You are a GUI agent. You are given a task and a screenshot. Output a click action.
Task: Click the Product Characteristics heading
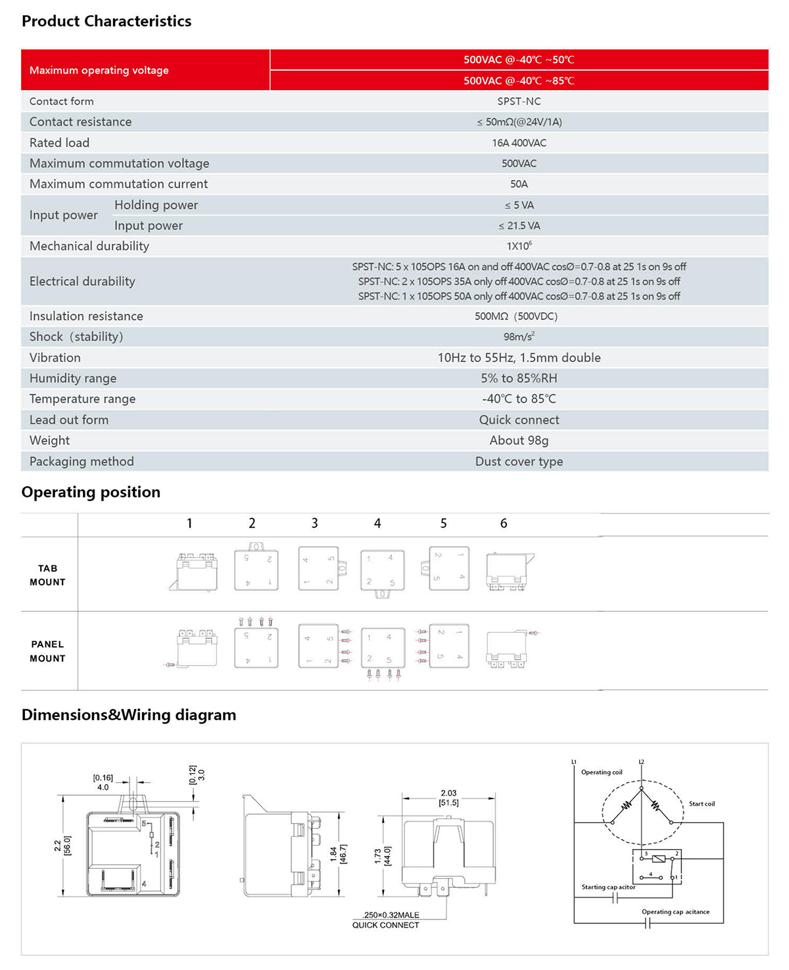point(107,21)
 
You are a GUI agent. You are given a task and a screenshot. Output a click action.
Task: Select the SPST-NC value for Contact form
point(519,101)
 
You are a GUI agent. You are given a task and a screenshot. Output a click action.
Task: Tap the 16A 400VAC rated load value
point(519,143)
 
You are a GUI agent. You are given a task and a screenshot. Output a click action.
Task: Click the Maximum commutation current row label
point(118,184)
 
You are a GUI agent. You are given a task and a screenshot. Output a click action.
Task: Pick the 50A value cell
point(519,184)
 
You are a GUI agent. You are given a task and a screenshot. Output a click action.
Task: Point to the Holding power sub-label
point(156,205)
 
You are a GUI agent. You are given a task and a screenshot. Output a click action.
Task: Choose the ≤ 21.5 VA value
point(519,225)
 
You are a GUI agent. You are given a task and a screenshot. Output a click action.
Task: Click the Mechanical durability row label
point(89,246)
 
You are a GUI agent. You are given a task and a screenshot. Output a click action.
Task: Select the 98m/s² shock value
point(519,336)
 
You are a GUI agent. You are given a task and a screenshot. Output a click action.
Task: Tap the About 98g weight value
point(519,440)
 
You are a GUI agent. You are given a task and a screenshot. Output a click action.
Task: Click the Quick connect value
point(519,420)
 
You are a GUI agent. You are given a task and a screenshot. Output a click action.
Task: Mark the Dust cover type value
point(519,461)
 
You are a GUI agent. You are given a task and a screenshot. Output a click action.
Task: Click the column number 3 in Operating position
point(314,523)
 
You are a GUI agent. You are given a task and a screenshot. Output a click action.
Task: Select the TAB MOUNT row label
point(47,575)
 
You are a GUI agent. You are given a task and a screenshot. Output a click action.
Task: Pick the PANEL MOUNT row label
point(47,651)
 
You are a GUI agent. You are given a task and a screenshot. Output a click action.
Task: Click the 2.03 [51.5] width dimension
point(449,798)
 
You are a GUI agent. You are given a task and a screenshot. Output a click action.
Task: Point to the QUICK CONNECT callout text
point(385,925)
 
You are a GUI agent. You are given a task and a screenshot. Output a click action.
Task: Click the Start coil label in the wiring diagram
point(702,804)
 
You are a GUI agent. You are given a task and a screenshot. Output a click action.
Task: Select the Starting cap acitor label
point(608,887)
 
